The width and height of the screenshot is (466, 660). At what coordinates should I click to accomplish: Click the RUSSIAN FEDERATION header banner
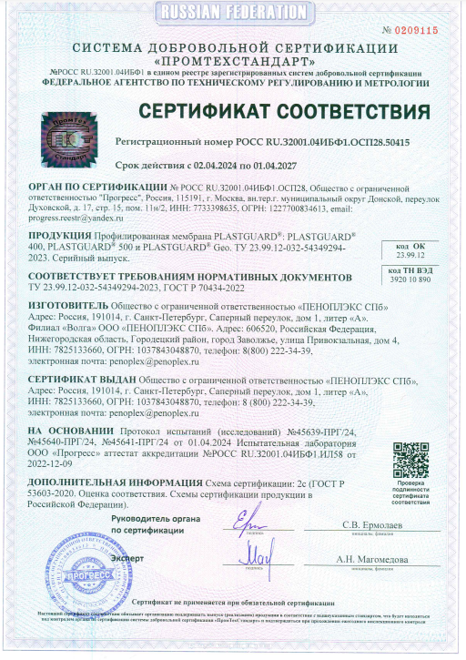tap(233, 12)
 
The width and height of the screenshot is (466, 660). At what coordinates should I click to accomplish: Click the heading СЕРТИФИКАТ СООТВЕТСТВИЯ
tap(283, 111)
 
